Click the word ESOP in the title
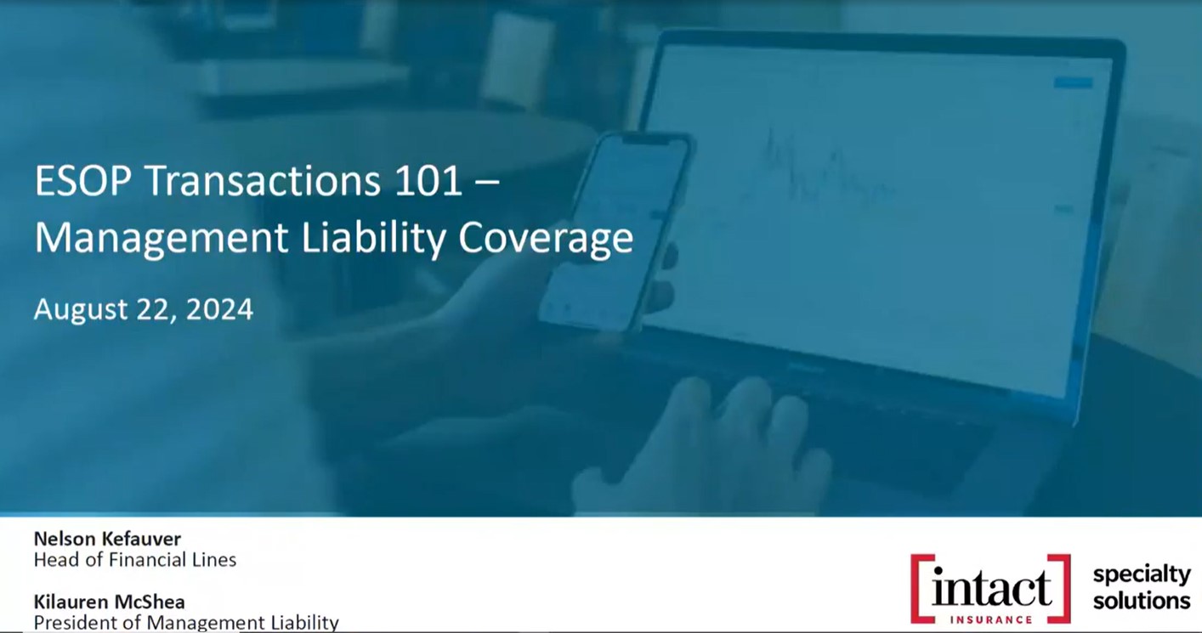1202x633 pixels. click(83, 181)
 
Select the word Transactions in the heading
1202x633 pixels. click(263, 181)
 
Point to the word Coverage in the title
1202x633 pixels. click(546, 238)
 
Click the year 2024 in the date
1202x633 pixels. click(219, 309)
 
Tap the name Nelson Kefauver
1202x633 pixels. click(107, 539)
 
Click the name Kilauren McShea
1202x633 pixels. click(110, 602)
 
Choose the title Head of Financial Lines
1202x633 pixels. click(135, 560)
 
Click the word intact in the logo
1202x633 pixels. click(990, 588)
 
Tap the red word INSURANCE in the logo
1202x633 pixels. click(990, 619)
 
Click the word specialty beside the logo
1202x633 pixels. click(1142, 575)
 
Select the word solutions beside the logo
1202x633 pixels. click(1142, 600)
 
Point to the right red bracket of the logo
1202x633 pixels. click(1065, 589)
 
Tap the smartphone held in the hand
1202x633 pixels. click(615, 230)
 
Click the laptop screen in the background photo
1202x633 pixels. click(880, 215)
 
